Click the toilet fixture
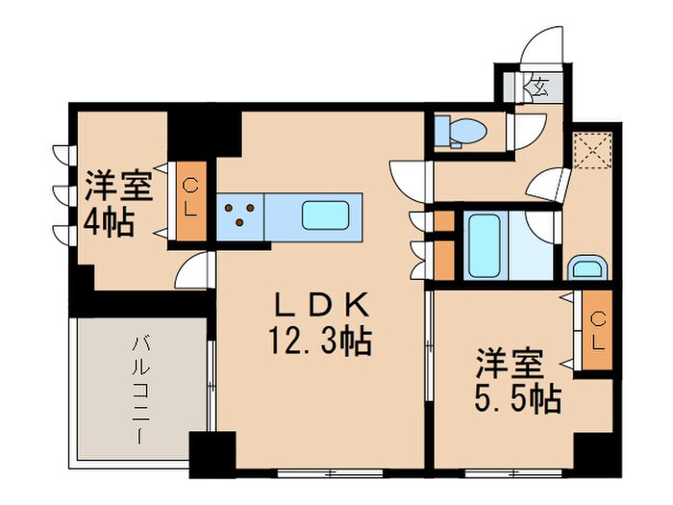pos(461,131)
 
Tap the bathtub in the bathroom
pos(485,246)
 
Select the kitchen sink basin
pos(325,215)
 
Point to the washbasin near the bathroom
pos(587,267)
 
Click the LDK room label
pos(321,304)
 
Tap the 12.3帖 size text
pos(320,341)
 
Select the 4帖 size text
pos(109,222)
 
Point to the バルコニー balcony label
pos(140,391)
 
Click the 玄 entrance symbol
pos(540,88)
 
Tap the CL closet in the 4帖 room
pos(191,201)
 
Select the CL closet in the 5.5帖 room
pos(597,330)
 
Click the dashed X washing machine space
pos(593,151)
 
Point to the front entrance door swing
pos(541,45)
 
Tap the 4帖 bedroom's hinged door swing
pos(194,269)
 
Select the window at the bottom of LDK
pos(330,473)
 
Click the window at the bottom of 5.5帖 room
pos(513,473)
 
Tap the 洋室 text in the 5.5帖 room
pos(510,364)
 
